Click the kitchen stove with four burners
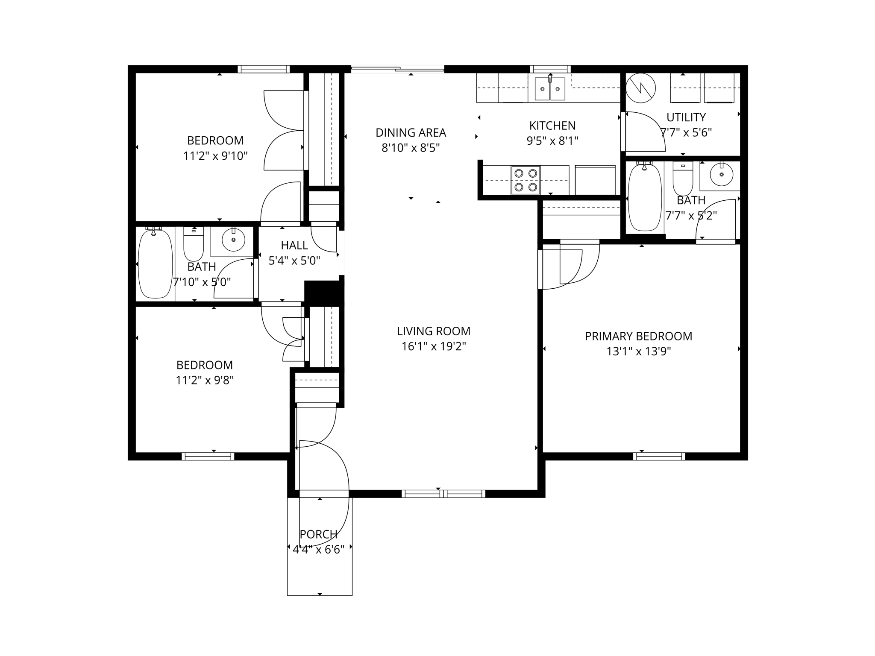tap(526, 180)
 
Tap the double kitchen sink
tap(550, 89)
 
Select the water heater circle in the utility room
tap(640, 88)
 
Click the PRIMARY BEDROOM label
tap(638, 336)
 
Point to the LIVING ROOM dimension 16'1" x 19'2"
tap(433, 346)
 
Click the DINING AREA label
tap(411, 133)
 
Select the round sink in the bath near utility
tap(721, 174)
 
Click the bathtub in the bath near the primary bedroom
tap(644, 197)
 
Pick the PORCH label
tap(318, 534)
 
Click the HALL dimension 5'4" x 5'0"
tap(294, 261)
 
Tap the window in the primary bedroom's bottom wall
tap(659, 456)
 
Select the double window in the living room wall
tap(443, 494)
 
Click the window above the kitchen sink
tap(550, 69)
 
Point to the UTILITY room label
tap(686, 117)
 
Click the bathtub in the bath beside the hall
tap(155, 264)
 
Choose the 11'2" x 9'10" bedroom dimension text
tap(215, 156)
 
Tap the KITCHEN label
tap(552, 126)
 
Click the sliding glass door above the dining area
tap(397, 69)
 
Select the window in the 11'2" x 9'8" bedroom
tap(208, 456)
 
